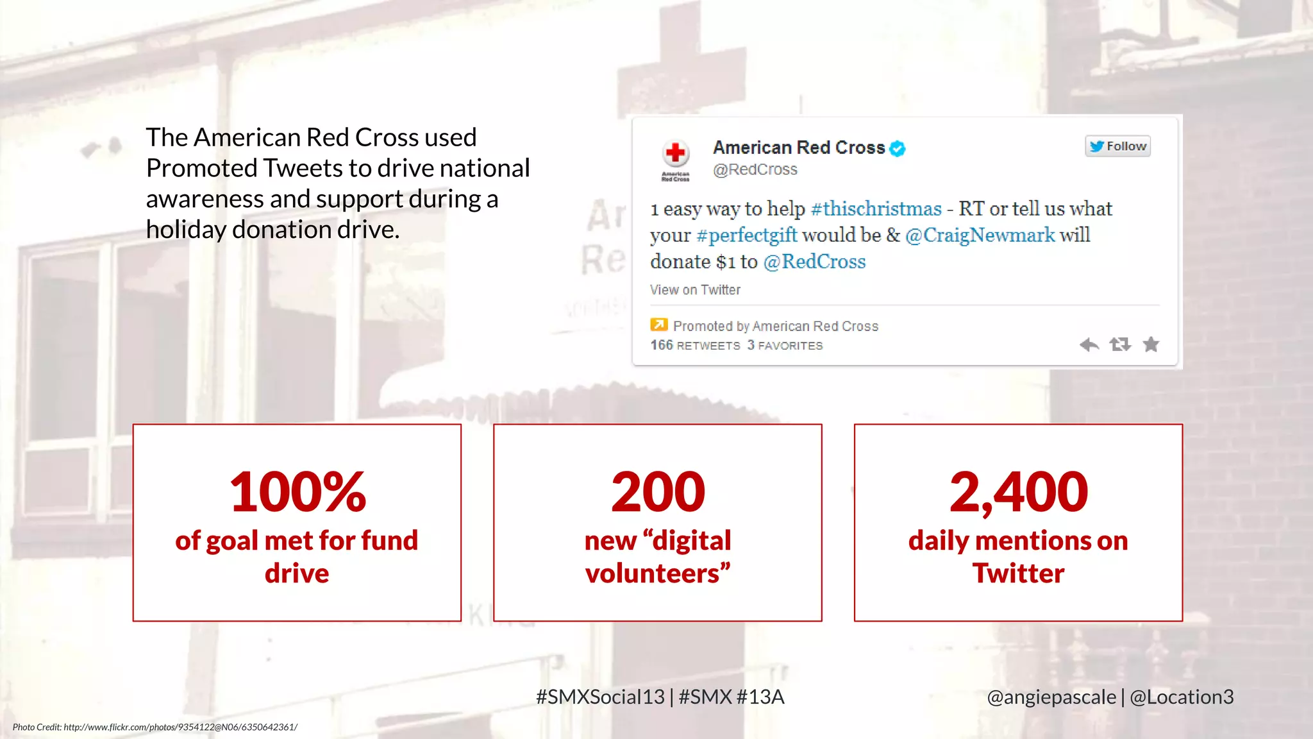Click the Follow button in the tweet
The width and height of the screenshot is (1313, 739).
click(x=1117, y=146)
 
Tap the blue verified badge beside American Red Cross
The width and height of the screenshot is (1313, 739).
click(x=898, y=148)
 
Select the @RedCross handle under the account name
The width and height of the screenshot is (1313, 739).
click(x=755, y=169)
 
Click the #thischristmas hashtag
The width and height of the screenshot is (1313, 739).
click(x=876, y=208)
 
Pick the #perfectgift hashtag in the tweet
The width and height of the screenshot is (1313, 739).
click(x=747, y=235)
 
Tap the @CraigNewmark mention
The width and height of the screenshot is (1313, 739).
click(x=980, y=235)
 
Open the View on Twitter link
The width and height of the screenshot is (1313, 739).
click(x=695, y=290)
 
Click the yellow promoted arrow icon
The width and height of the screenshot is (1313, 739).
click(x=658, y=325)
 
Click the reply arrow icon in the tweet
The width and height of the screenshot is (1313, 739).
click(x=1089, y=345)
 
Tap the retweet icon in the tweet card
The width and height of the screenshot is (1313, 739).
click(x=1120, y=345)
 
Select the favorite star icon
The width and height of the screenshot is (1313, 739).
click(x=1151, y=345)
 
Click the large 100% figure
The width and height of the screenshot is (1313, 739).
click(x=297, y=492)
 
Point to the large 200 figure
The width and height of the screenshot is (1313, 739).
click(x=658, y=492)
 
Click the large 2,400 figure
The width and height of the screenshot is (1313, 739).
click(x=1018, y=492)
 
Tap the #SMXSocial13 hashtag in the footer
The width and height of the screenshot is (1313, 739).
click(x=600, y=697)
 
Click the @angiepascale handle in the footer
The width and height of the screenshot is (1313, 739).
click(x=1051, y=697)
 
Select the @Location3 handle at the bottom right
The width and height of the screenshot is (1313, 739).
click(x=1182, y=697)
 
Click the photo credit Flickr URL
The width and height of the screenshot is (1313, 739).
click(x=180, y=727)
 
